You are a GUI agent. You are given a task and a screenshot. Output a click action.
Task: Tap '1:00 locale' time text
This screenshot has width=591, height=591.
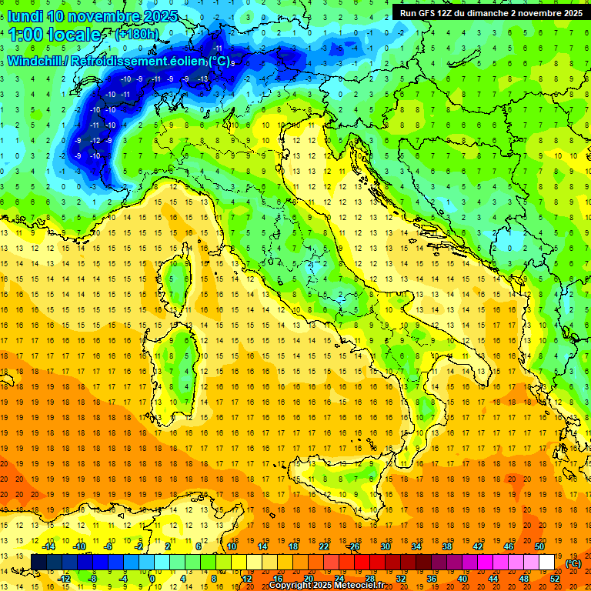55,35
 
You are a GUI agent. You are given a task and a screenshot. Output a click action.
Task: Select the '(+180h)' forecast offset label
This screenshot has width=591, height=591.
137,35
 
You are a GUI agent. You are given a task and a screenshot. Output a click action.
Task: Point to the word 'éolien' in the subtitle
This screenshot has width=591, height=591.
186,61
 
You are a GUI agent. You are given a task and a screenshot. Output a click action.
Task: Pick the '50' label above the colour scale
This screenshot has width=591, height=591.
539,546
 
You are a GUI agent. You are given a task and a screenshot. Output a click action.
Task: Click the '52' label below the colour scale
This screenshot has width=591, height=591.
555,579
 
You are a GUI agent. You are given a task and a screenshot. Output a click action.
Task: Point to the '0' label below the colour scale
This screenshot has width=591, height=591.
153,579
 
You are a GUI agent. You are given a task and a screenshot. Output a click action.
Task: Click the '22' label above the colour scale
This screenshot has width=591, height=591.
324,546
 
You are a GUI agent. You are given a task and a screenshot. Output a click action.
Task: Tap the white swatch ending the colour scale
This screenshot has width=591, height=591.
547,563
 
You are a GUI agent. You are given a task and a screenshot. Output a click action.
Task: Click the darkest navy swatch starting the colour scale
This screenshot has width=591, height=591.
38,563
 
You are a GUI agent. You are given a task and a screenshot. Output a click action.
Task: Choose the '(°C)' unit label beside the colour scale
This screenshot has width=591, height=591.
573,563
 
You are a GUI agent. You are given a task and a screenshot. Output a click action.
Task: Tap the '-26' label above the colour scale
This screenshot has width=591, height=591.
354,546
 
